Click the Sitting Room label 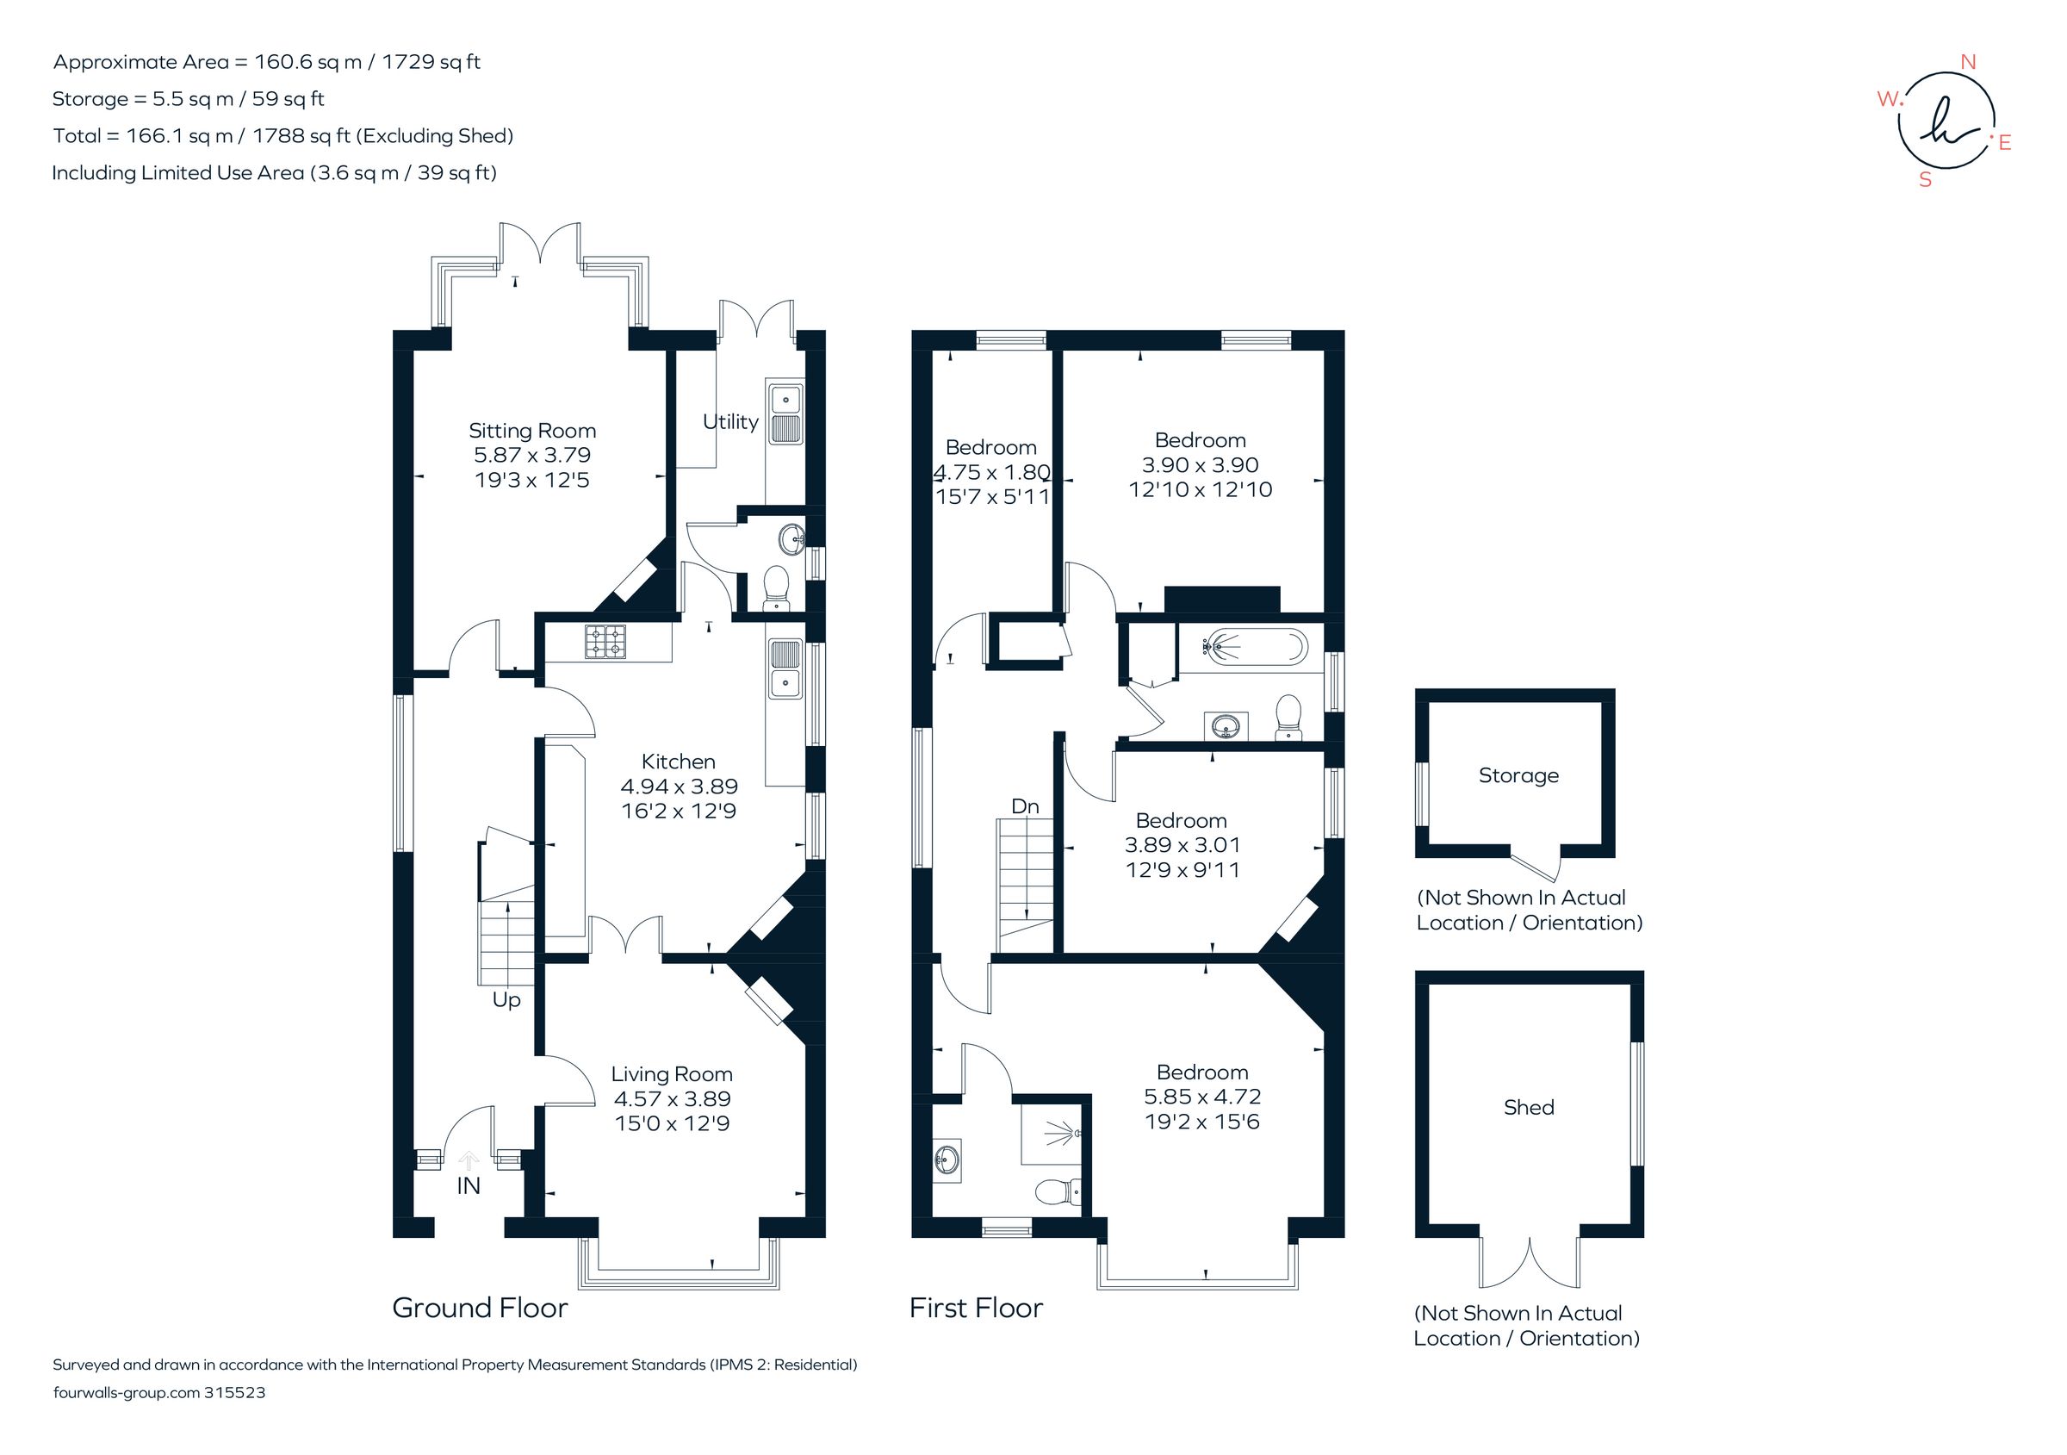tap(532, 431)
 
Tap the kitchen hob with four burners tap(605, 643)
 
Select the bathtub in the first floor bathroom tap(1243, 646)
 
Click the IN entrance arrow tap(469, 1160)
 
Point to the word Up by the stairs tap(506, 999)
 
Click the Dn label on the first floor tap(1025, 805)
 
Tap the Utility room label tap(730, 421)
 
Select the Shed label tap(1528, 1107)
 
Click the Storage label tap(1518, 775)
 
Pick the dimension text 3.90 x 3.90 tap(1199, 464)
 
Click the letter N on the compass tap(1968, 62)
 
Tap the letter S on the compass tap(1925, 180)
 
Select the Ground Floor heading tap(479, 1308)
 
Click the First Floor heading tap(975, 1308)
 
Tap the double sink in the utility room tap(785, 413)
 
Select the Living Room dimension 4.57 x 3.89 tap(672, 1098)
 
